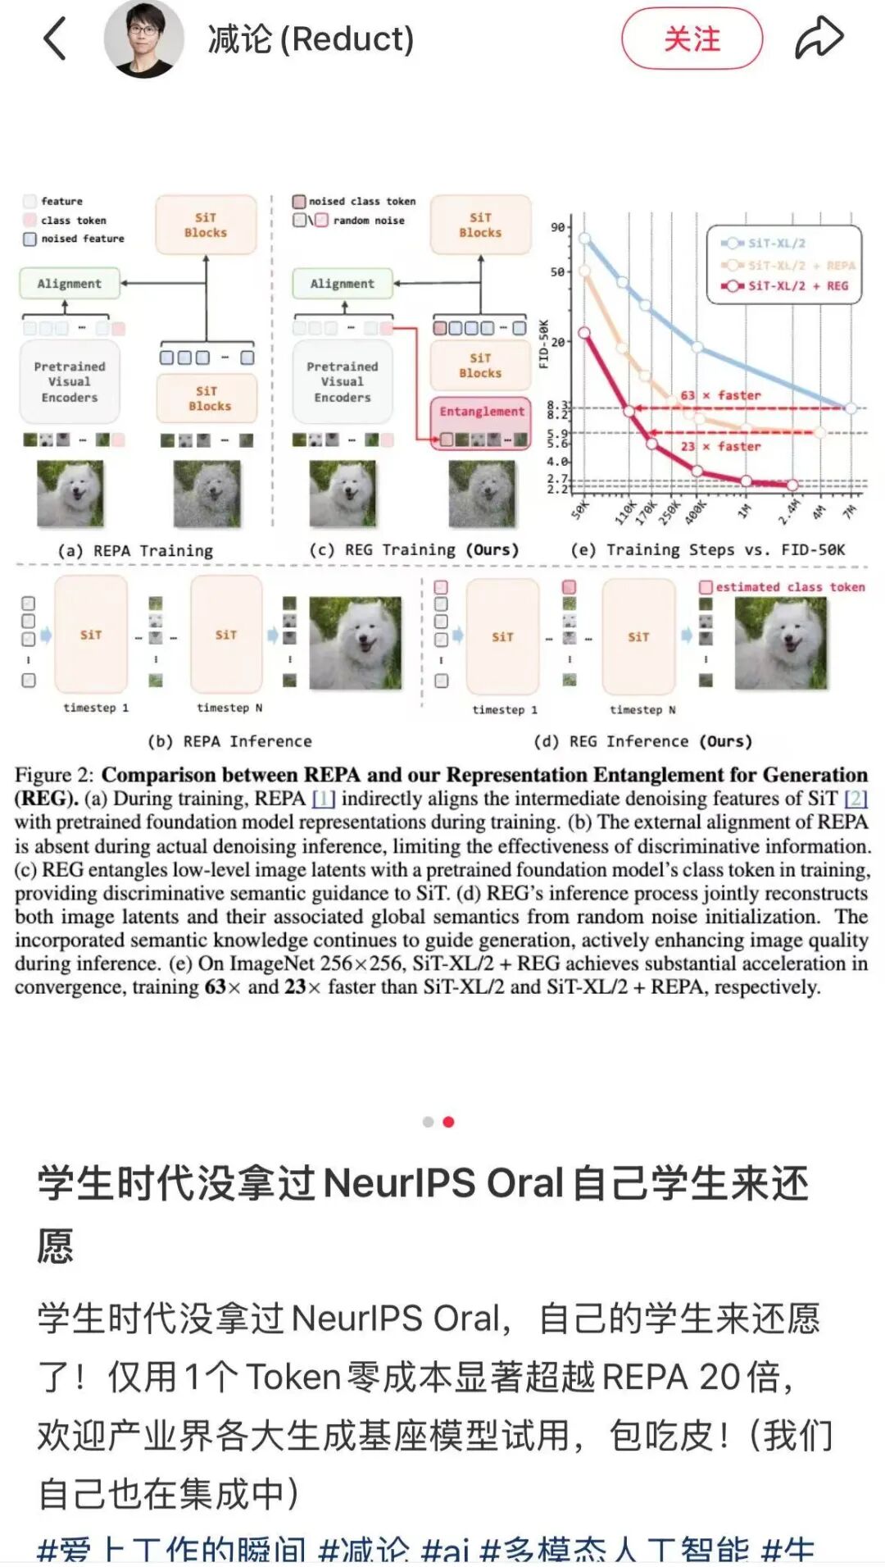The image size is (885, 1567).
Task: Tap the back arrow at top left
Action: [54, 39]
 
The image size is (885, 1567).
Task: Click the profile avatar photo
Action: [144, 39]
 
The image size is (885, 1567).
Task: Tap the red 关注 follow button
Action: [692, 39]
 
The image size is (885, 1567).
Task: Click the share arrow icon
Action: [819, 38]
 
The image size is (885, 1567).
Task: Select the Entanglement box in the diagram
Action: [481, 412]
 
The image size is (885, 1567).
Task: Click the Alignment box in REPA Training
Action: [69, 284]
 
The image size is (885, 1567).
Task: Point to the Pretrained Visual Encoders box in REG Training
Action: [343, 382]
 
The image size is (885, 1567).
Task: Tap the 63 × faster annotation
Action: [720, 395]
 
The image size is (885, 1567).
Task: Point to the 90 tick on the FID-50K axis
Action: [558, 227]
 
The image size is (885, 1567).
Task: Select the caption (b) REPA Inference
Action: [229, 741]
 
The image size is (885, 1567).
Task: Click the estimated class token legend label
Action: [789, 587]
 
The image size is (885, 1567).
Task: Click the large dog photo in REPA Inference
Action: [355, 643]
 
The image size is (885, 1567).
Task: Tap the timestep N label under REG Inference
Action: [642, 709]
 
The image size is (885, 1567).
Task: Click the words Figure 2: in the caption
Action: [54, 775]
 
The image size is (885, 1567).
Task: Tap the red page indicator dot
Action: [448, 1122]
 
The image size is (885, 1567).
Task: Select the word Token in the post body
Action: [293, 1377]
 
